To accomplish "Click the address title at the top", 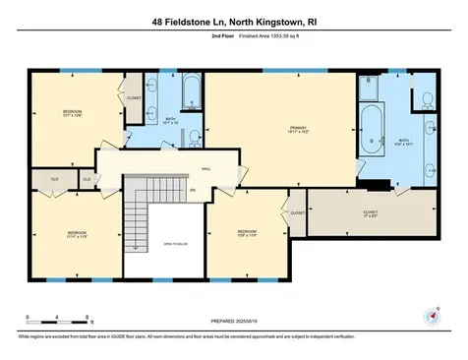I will coord(234,20).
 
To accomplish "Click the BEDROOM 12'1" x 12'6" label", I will coord(72,114).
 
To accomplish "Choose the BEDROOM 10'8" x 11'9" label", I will coord(246,234).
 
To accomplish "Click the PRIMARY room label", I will coord(299,129).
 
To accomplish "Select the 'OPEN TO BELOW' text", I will coord(175,243).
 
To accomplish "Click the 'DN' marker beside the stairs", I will coord(193,191).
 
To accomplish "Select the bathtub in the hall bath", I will coord(191,97).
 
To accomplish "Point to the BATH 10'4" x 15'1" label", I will coord(403,142).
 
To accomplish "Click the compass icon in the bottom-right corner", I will coord(429,315).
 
